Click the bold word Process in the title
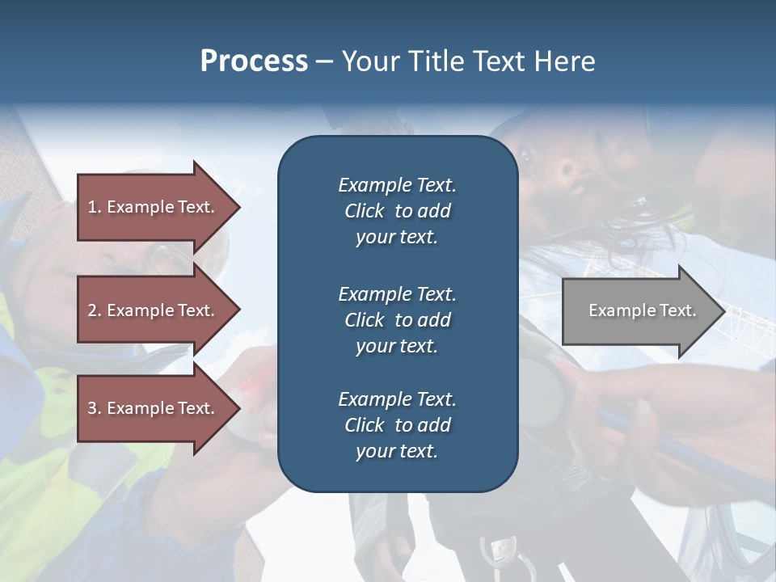pyautogui.click(x=254, y=61)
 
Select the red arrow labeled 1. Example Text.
pyautogui.click(x=151, y=207)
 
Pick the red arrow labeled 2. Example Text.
pyautogui.click(x=151, y=310)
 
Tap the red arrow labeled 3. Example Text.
pyautogui.click(x=151, y=408)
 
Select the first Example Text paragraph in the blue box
pyautogui.click(x=397, y=211)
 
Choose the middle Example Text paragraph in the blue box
pyautogui.click(x=397, y=320)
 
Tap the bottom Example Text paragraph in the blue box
pyautogui.click(x=397, y=425)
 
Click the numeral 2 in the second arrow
pyautogui.click(x=92, y=310)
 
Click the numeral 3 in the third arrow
pyautogui.click(x=92, y=408)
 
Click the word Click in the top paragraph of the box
pyautogui.click(x=365, y=211)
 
